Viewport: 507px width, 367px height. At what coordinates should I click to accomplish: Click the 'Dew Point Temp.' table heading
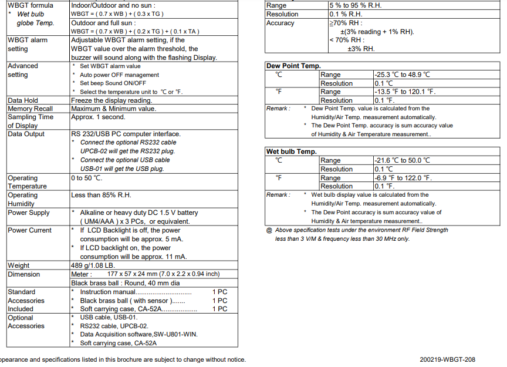[x=293, y=66]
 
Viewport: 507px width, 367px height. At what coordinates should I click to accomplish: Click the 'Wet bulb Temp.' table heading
[x=291, y=151]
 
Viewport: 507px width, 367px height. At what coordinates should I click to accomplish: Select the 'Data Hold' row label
[x=23, y=100]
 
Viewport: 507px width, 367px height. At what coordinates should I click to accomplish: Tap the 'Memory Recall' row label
[x=30, y=109]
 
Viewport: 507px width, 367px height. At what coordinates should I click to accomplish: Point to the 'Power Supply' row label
[x=29, y=213]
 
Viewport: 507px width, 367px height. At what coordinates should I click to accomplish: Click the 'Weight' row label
[x=18, y=265]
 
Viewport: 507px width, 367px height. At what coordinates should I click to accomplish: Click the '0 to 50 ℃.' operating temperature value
[x=86, y=178]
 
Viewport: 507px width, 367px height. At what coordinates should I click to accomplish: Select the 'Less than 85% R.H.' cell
[x=104, y=195]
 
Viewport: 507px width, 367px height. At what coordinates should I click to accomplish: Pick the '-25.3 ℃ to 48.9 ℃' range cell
[x=402, y=75]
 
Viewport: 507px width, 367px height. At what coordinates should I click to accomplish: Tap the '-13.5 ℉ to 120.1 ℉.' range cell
[x=405, y=92]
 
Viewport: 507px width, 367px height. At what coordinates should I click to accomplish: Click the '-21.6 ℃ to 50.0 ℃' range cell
[x=402, y=160]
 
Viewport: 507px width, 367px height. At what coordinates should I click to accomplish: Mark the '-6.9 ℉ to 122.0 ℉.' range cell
[x=403, y=178]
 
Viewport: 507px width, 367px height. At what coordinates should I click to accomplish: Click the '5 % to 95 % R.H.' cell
[x=357, y=5]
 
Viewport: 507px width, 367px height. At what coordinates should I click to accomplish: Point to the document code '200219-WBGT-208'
[x=447, y=359]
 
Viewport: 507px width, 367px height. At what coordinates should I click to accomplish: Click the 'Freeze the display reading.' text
[x=111, y=100]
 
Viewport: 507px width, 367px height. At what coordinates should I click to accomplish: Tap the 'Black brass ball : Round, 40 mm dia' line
[x=125, y=283]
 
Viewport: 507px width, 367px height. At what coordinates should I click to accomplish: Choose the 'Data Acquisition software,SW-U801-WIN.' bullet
[x=138, y=334]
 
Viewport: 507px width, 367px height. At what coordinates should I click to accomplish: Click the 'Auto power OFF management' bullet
[x=119, y=75]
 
